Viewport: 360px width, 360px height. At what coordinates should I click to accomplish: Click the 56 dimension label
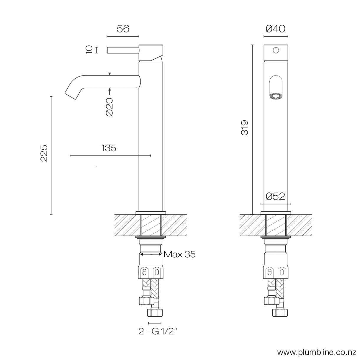(x=123, y=29)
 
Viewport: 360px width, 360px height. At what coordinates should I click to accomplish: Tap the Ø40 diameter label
(x=276, y=29)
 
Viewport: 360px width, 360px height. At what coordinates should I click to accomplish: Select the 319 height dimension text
(x=245, y=127)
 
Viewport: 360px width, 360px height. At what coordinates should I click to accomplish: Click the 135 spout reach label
(x=109, y=148)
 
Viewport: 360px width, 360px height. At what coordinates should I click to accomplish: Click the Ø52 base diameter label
(x=276, y=197)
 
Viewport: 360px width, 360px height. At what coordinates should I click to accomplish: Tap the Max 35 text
(x=179, y=254)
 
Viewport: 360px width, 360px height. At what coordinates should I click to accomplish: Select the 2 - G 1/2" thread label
(x=158, y=332)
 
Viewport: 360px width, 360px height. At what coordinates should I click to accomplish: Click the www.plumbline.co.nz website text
(x=318, y=352)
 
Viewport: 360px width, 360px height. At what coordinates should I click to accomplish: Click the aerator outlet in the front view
(x=276, y=96)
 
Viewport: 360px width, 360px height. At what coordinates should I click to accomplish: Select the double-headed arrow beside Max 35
(x=151, y=254)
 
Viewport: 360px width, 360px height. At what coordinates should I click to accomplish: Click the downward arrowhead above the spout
(x=109, y=73)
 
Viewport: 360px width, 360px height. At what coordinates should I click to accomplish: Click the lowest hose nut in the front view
(x=280, y=312)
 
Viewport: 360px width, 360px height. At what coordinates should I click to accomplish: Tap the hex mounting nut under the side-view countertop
(x=151, y=272)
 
